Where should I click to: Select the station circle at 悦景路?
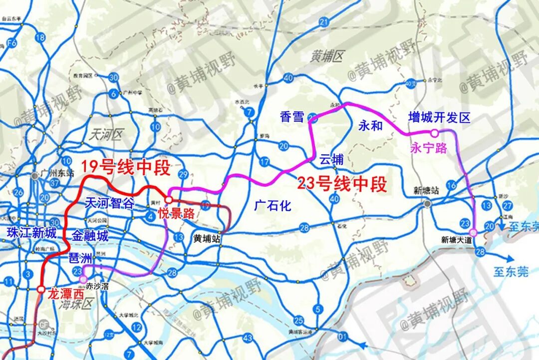tap(169, 200)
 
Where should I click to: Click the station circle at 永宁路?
tap(434, 133)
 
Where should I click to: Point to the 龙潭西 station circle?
tap(40, 289)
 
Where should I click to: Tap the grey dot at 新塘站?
tap(427, 204)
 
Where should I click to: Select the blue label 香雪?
tap(292, 117)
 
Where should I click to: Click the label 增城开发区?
tap(439, 118)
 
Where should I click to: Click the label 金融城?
tap(90, 236)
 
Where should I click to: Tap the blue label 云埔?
tap(331, 160)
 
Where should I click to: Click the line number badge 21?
tap(325, 21)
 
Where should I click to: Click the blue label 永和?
tap(370, 126)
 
